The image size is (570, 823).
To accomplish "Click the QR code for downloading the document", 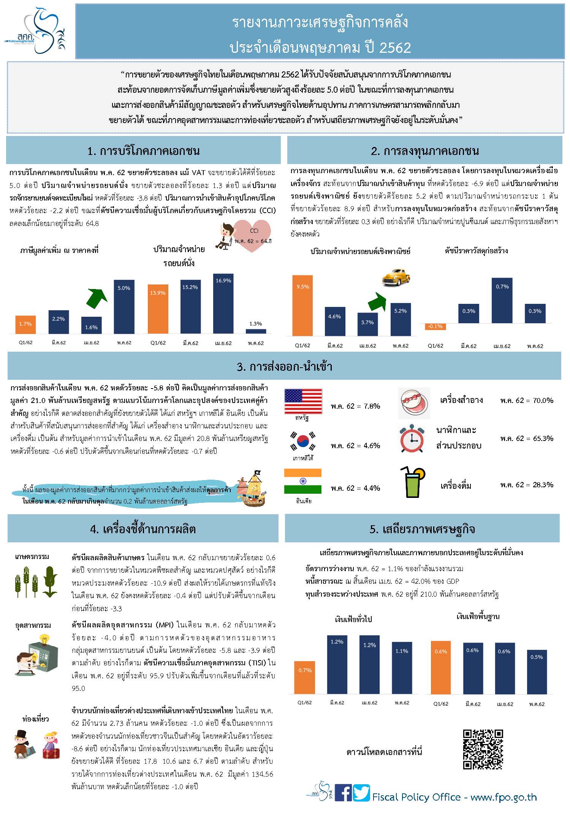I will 483,749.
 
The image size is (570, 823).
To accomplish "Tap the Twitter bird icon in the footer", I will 361,793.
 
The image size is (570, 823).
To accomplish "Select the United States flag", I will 303,401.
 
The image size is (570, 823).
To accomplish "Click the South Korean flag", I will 303,442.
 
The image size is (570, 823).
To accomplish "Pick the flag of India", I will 303,482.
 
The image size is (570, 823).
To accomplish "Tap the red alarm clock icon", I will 412,439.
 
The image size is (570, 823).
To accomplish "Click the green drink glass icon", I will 412,483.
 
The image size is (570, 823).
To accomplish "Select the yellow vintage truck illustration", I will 396,277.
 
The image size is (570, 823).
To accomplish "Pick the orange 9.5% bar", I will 303,305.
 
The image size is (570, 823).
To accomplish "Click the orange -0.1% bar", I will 435,326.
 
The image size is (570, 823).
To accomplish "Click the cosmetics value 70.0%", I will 526,400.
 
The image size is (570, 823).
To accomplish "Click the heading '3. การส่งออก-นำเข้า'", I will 284,366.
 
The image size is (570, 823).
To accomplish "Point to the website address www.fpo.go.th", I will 503,797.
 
